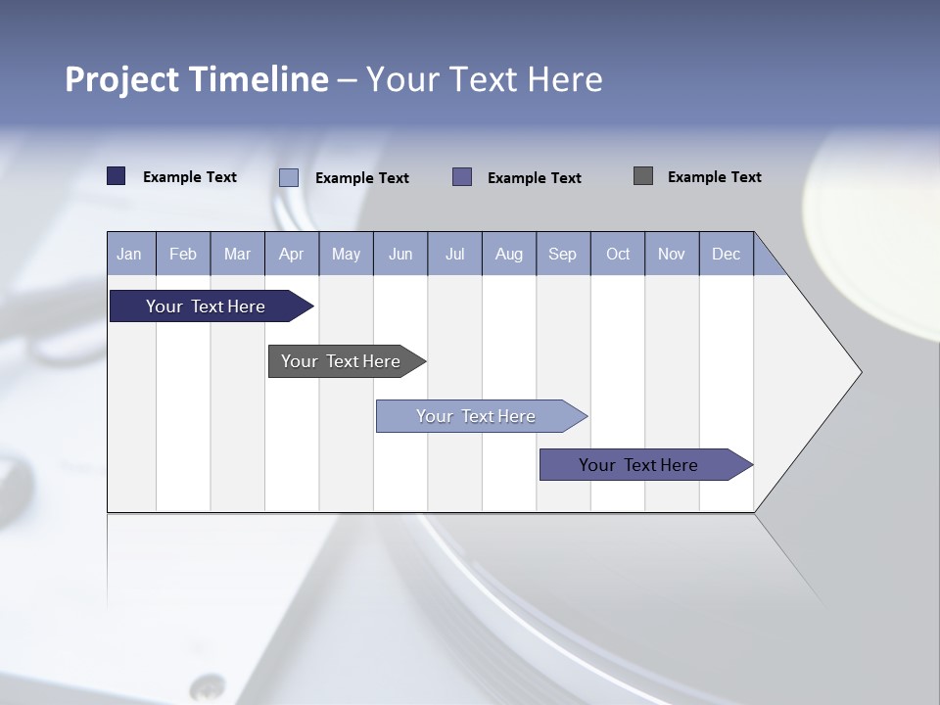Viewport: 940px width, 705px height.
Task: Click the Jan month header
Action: pyautogui.click(x=129, y=255)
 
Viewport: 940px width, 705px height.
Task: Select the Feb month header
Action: pyautogui.click(x=183, y=255)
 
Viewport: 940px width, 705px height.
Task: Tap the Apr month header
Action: pyautogui.click(x=291, y=255)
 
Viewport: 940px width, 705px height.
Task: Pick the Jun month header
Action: pyautogui.click(x=400, y=255)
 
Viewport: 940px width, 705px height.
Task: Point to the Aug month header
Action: pyautogui.click(x=508, y=255)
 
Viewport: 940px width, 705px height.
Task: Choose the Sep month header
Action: pyautogui.click(x=562, y=255)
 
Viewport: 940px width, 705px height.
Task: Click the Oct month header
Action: pyautogui.click(x=618, y=255)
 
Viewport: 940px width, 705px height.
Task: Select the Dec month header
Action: pyautogui.click(x=726, y=255)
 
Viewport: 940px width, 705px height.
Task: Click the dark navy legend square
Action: pyautogui.click(x=117, y=176)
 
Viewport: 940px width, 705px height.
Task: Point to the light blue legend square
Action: pyautogui.click(x=289, y=177)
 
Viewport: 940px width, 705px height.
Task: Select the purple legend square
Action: pyautogui.click(x=462, y=176)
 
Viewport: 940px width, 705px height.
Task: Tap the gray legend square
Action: pyautogui.click(x=643, y=176)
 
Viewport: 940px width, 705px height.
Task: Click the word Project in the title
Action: pyautogui.click(x=121, y=79)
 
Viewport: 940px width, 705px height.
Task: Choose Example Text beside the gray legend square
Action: pyautogui.click(x=714, y=177)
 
